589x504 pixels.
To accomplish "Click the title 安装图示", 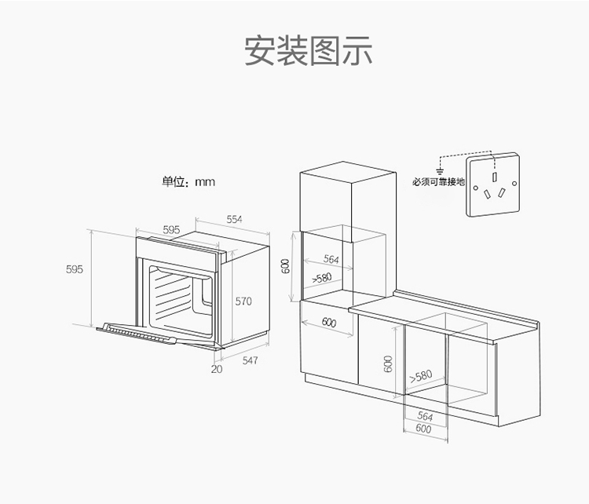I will click(x=308, y=50).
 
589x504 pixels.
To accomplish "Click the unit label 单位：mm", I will click(x=188, y=182).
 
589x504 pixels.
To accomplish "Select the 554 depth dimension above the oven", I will click(x=235, y=219).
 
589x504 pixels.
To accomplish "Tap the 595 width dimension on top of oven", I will click(x=171, y=229).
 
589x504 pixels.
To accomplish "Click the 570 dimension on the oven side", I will click(x=243, y=301).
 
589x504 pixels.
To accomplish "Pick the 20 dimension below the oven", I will click(x=217, y=368).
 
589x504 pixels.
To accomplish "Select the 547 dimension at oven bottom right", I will click(x=250, y=360).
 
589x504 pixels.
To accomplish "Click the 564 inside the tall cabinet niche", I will click(x=331, y=259).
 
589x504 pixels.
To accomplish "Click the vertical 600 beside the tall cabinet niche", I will click(x=286, y=266).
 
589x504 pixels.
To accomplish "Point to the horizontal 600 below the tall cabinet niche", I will click(x=328, y=322).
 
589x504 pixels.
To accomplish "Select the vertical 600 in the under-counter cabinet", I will click(x=388, y=363).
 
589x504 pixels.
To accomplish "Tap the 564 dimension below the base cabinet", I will click(x=425, y=417).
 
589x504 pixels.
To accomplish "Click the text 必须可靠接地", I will click(x=438, y=182).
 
